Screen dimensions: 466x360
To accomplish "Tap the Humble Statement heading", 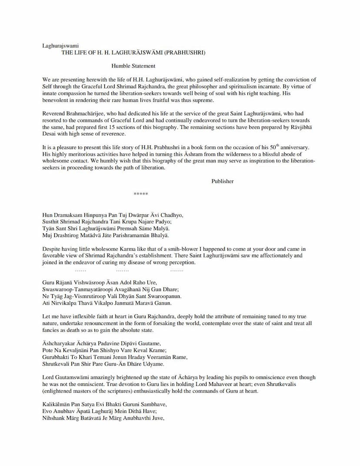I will (133, 66).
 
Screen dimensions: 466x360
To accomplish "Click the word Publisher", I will (222, 181).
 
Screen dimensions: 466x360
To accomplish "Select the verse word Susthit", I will (51, 222).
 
